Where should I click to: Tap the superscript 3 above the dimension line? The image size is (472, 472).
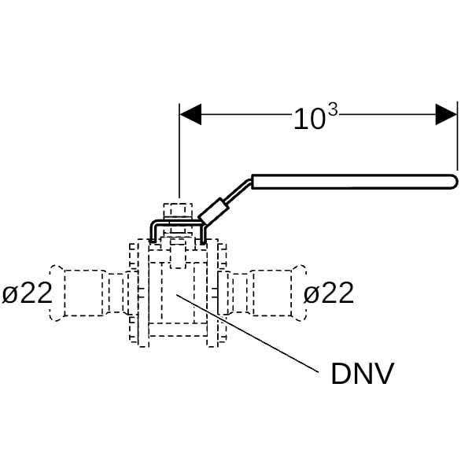(x=331, y=110)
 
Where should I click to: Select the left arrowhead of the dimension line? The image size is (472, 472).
(x=190, y=115)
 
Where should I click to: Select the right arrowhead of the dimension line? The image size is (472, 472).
(x=447, y=115)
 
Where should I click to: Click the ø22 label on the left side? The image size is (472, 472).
(x=27, y=293)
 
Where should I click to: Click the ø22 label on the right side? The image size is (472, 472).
(x=329, y=293)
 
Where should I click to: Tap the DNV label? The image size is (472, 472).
(x=362, y=374)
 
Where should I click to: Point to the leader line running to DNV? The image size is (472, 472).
(x=252, y=331)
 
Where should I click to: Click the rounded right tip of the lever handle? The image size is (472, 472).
(x=454, y=182)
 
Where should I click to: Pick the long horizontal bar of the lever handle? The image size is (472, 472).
(x=354, y=182)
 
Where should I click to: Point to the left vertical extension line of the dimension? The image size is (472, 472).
(x=180, y=157)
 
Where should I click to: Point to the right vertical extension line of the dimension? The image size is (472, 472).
(x=457, y=142)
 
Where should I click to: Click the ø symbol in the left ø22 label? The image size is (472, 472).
(x=9, y=294)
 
